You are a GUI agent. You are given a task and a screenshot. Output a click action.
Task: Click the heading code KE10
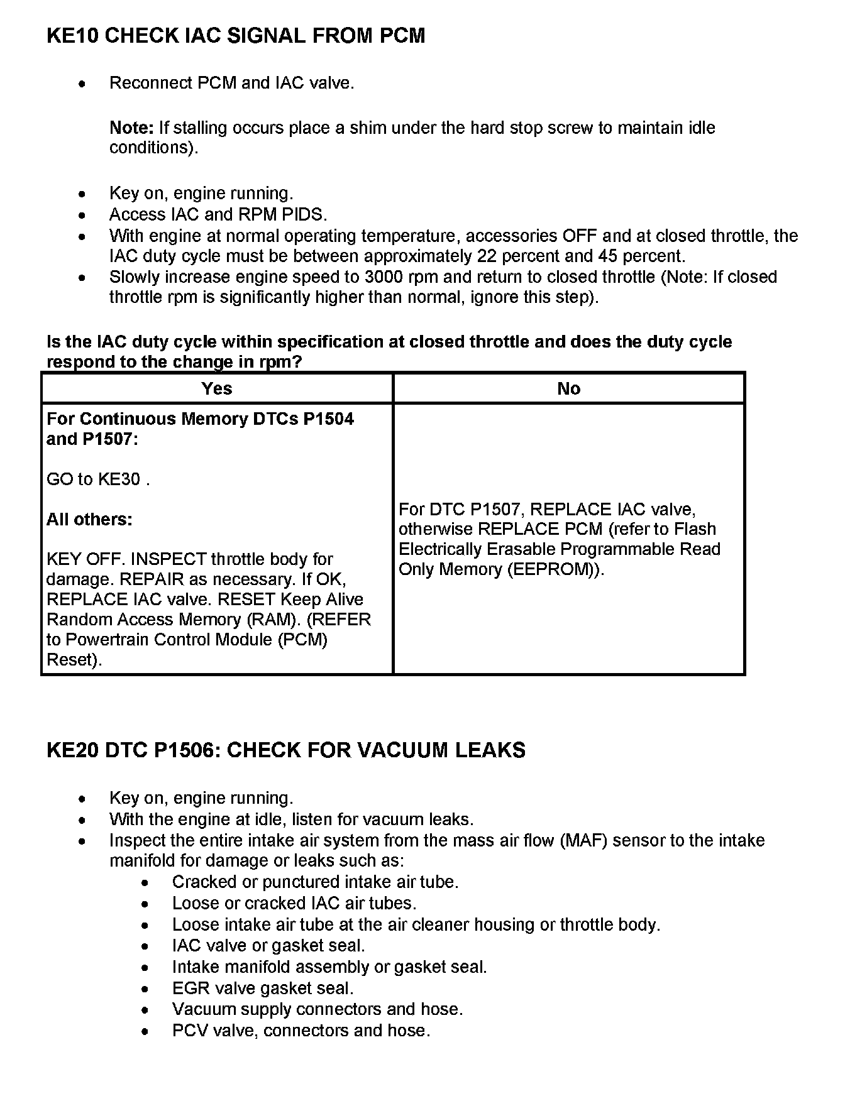point(72,36)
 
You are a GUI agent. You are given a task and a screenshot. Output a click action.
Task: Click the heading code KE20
point(72,750)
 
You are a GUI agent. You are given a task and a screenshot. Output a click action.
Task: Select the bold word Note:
point(131,128)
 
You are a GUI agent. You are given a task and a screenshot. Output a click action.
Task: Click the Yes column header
point(217,388)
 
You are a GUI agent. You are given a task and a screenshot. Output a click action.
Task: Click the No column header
point(568,388)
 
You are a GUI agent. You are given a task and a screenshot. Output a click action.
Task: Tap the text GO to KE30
point(97,479)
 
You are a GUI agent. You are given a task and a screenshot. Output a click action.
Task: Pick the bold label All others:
point(89,520)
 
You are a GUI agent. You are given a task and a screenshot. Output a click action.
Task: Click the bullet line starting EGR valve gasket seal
point(263,989)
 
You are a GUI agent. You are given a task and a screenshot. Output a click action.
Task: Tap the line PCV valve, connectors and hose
point(301,1031)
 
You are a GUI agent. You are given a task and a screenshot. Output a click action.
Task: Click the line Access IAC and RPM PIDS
point(218,214)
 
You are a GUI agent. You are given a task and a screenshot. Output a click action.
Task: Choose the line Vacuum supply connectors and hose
point(318,1009)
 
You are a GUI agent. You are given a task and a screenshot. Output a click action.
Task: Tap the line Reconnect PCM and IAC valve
point(232,83)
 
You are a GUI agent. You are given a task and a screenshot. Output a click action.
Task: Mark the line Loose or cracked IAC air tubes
point(294,903)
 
